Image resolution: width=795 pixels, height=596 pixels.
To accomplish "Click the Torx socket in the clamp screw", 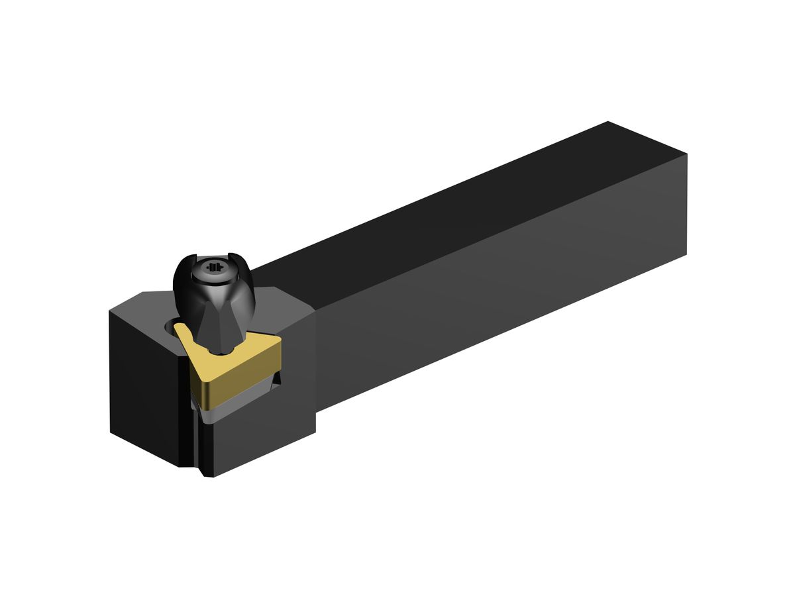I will (213, 268).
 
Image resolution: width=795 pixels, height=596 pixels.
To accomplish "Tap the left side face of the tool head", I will (142, 391).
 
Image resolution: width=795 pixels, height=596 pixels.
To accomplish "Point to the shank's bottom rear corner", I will (686, 254).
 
